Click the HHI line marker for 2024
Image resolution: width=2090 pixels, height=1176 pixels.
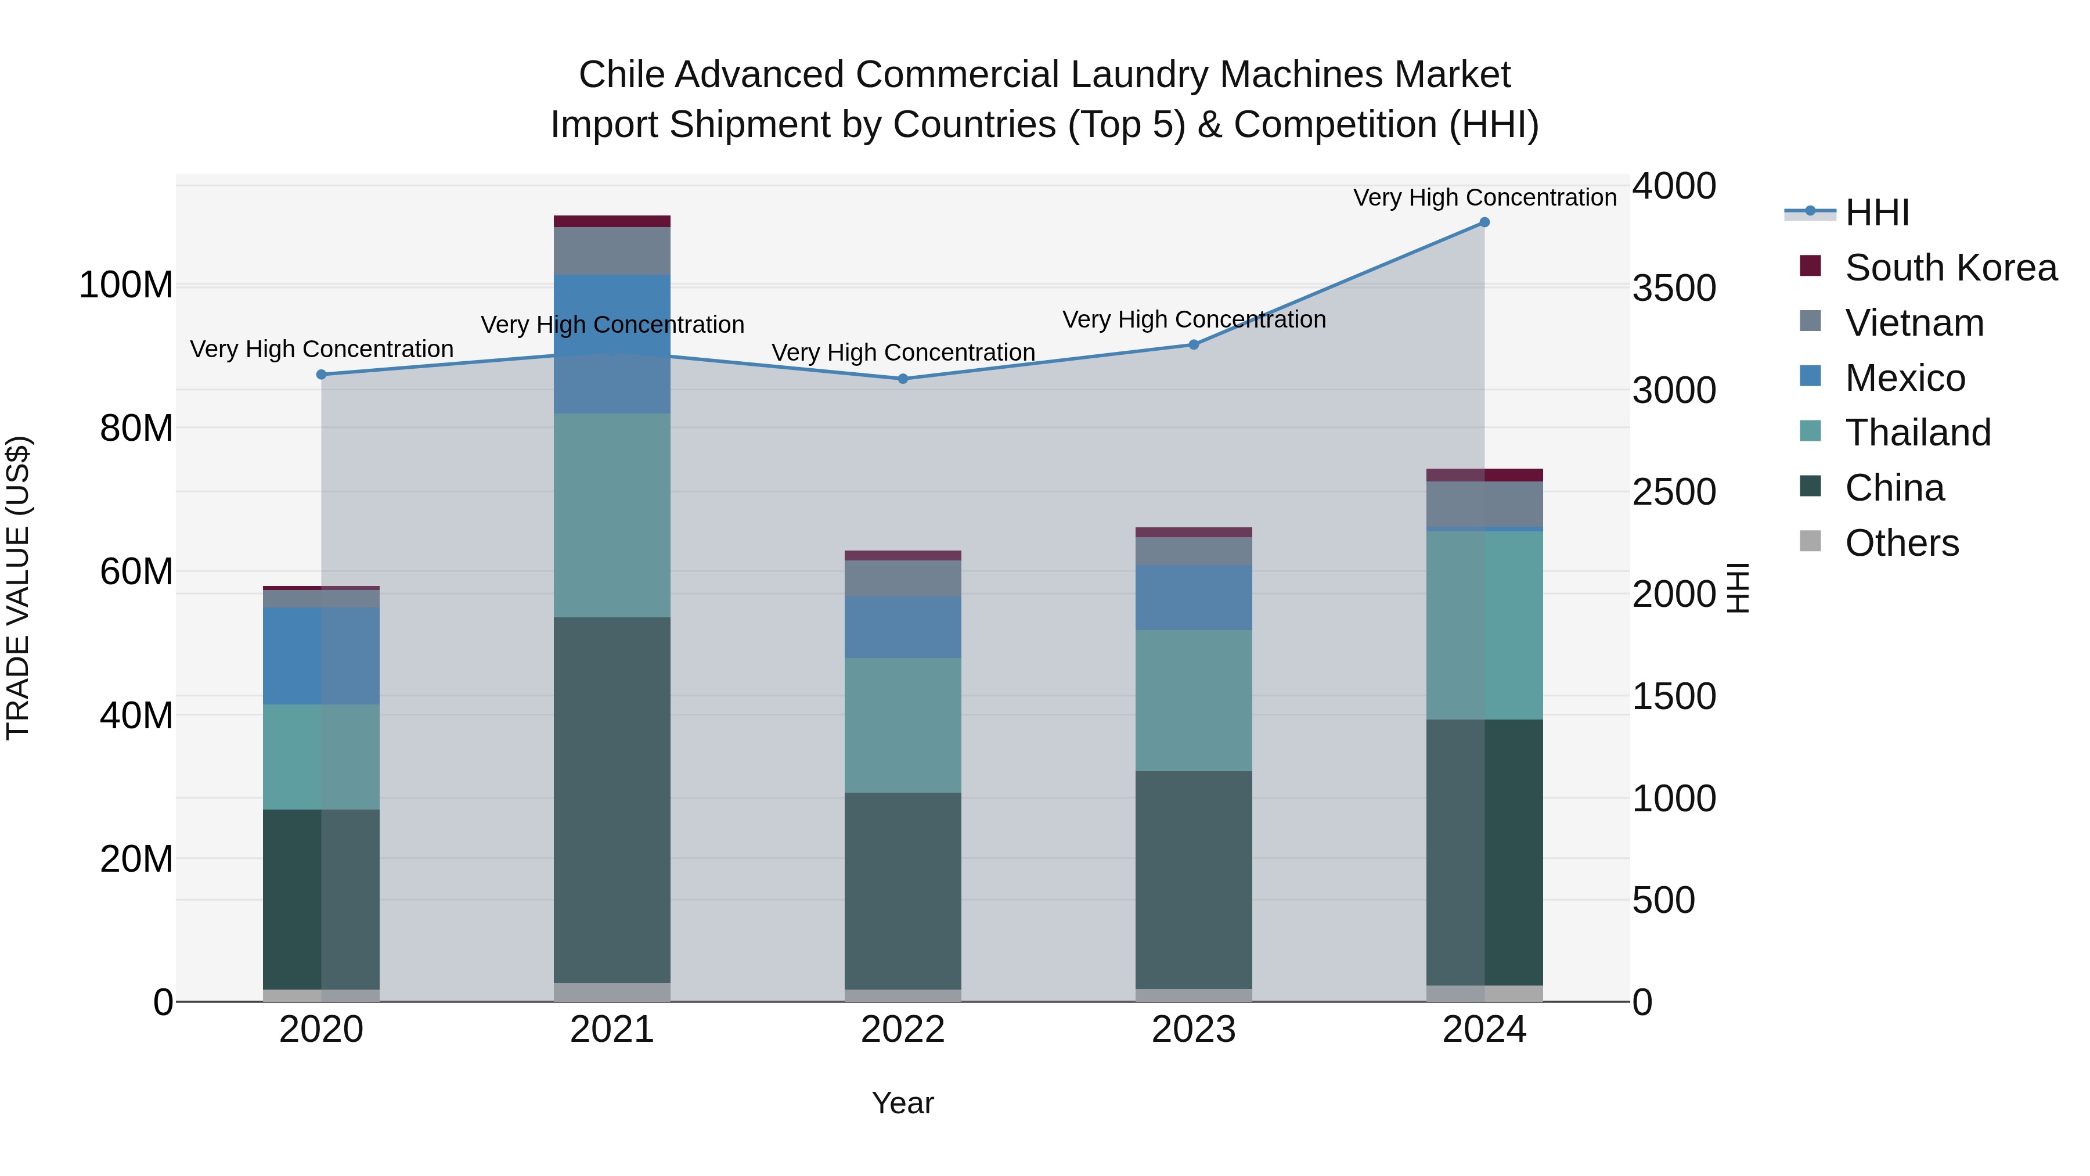click(1484, 222)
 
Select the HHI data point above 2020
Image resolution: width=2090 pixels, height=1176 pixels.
click(321, 374)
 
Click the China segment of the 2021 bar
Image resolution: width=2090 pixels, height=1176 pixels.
click(612, 800)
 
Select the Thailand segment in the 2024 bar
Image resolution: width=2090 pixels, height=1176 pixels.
click(1484, 625)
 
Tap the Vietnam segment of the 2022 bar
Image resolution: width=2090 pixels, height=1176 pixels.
click(903, 578)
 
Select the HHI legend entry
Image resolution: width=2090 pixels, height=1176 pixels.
click(1876, 213)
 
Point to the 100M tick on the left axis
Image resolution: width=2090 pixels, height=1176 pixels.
click(126, 285)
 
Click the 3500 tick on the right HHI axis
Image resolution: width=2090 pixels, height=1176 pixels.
click(1673, 288)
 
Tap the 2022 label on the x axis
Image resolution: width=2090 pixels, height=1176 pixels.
click(903, 1030)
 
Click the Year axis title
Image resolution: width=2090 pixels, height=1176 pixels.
click(903, 1103)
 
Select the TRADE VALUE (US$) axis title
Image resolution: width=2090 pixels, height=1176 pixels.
click(18, 588)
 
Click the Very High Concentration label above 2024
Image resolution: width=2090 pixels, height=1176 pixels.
click(1484, 197)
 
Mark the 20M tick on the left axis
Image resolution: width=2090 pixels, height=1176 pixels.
click(136, 859)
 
